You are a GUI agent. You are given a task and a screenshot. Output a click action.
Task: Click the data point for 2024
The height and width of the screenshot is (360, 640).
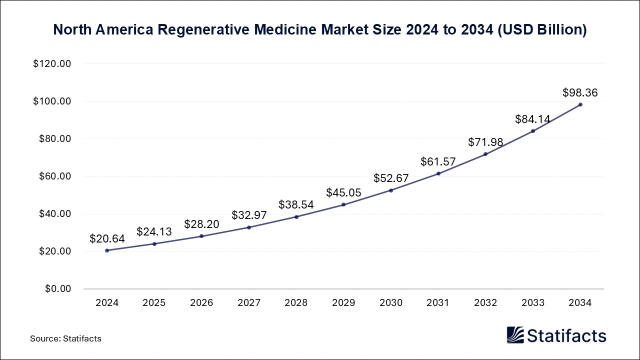point(107,250)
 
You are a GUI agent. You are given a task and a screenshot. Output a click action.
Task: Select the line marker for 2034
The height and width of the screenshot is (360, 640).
point(580,104)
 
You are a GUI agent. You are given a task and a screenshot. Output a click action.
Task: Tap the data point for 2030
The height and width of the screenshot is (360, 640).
point(391,190)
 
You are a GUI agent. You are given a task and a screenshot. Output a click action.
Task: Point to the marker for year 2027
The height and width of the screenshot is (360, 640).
point(249,227)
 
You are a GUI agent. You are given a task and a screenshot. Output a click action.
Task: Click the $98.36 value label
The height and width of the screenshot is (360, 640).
point(580,92)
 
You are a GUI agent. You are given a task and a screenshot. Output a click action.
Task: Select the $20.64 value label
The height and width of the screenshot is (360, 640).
point(107,239)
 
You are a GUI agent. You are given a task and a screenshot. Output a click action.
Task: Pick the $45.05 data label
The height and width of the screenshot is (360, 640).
point(343,192)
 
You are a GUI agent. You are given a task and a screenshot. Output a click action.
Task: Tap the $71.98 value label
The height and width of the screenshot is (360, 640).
point(485,142)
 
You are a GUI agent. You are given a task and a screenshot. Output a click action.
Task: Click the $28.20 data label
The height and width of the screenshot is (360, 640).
point(201,224)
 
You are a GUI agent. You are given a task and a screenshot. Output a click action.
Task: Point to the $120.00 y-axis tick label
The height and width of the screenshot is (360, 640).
point(52,64)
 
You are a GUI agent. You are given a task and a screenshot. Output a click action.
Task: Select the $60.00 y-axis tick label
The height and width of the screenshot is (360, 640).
point(54,176)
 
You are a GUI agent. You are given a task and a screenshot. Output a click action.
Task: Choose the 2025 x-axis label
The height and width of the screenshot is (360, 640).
point(154,303)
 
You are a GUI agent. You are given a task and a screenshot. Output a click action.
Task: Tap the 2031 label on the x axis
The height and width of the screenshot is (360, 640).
point(438,303)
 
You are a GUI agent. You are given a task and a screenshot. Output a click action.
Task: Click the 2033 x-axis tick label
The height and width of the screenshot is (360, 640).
point(532,303)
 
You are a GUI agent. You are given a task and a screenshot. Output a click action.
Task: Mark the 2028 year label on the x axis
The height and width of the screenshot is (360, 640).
point(296,303)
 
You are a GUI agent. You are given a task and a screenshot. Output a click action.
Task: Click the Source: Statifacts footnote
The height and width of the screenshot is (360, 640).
point(65,338)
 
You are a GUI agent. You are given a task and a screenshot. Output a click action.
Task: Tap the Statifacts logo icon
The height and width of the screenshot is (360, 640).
point(515,335)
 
